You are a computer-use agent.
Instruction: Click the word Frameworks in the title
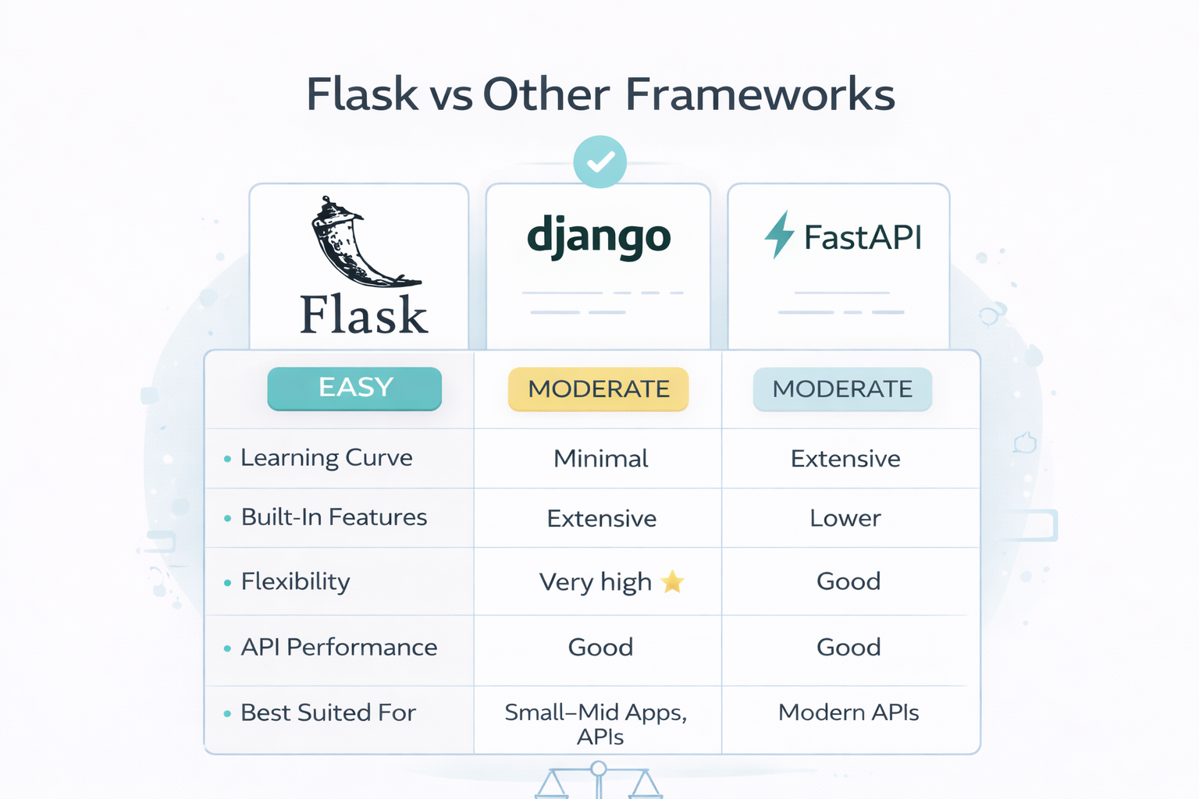pos(760,94)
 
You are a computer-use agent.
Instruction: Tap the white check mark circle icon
pos(599,162)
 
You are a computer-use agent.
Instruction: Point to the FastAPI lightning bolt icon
pos(778,234)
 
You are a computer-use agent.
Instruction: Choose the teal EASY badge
pos(354,388)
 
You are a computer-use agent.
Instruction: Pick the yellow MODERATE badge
pos(599,389)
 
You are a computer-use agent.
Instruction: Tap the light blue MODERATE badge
pos(842,389)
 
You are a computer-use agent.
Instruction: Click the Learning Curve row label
pos(326,458)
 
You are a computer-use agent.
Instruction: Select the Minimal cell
pos(600,459)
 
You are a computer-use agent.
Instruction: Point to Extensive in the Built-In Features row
pos(601,519)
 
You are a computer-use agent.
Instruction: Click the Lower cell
pos(845,518)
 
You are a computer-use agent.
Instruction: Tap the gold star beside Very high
pos(672,581)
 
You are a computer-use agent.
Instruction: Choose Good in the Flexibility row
pos(848,581)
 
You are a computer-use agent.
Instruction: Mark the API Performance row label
pos(339,648)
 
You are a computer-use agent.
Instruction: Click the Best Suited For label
pos(328,712)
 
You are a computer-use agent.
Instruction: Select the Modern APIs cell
pos(848,712)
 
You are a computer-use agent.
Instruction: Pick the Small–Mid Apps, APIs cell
pos(596,723)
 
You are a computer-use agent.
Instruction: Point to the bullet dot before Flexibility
pos(227,583)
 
